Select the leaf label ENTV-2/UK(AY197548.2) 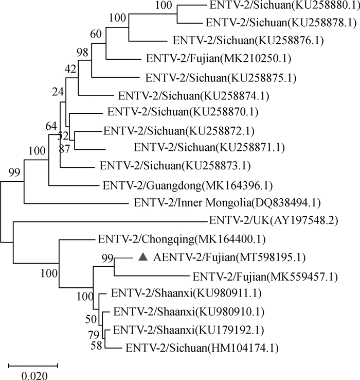click(274, 221)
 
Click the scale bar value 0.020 click(33, 375)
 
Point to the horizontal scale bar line click(33, 365)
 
